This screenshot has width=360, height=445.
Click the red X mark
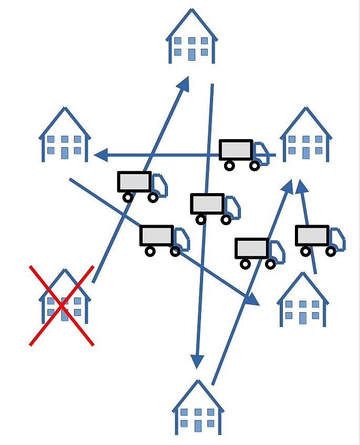[61, 305]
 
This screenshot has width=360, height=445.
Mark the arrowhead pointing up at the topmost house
[183, 83]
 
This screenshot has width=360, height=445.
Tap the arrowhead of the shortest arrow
[300, 186]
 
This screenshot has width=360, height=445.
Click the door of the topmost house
[191, 54]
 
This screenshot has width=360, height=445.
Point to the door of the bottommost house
[198, 425]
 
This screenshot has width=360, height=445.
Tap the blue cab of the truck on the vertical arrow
[232, 207]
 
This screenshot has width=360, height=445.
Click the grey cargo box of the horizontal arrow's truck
[236, 151]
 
